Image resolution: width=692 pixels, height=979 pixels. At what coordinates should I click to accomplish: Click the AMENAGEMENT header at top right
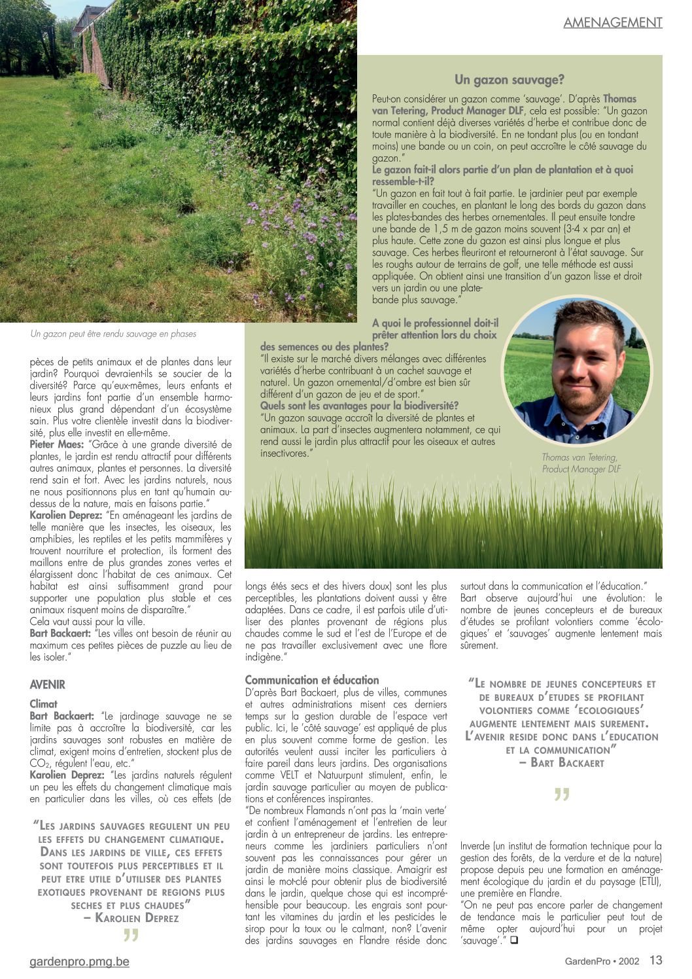click(613, 22)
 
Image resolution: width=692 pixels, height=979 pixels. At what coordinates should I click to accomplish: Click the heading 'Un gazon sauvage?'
click(509, 80)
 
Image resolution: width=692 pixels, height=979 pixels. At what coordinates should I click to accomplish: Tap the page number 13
click(655, 960)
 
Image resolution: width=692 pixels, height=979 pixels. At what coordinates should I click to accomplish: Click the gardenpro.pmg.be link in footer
click(79, 961)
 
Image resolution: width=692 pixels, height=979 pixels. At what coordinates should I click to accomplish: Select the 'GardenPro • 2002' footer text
click(602, 961)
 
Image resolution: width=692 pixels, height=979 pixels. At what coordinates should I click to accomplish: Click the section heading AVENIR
click(48, 685)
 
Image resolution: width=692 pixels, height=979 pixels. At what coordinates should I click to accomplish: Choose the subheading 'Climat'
click(43, 704)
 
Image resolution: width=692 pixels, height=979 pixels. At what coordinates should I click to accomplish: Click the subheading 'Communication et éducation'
click(312, 680)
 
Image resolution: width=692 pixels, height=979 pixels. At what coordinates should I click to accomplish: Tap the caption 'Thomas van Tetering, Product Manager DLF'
click(580, 463)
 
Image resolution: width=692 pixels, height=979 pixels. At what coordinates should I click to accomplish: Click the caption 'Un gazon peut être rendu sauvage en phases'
click(113, 334)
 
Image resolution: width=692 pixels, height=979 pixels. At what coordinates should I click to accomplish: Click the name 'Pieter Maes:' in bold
click(56, 444)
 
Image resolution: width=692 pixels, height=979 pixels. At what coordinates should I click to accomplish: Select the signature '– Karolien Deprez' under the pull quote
click(131, 918)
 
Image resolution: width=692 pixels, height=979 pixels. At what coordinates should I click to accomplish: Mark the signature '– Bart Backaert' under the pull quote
click(562, 762)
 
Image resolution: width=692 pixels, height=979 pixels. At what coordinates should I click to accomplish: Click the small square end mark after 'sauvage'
click(514, 940)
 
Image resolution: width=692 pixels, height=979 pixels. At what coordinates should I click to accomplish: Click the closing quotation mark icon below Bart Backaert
click(561, 795)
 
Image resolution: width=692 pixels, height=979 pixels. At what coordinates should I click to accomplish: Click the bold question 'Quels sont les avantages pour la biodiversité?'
click(359, 406)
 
